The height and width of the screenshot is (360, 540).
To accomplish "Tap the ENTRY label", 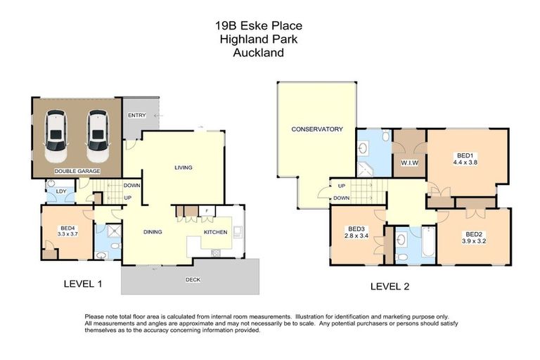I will [136, 115].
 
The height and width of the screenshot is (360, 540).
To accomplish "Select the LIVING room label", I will [184, 167].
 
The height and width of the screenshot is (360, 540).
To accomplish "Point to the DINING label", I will [153, 231].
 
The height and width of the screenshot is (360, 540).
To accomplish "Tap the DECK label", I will [193, 280].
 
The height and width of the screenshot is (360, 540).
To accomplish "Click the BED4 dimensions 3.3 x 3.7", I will [67, 233].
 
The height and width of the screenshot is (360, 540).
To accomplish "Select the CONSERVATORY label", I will [316, 129].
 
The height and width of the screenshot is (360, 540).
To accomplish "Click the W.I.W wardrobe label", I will [409, 165].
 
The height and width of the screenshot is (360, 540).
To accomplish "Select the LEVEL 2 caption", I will [390, 286].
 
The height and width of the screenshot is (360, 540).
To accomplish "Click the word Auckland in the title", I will [259, 52].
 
